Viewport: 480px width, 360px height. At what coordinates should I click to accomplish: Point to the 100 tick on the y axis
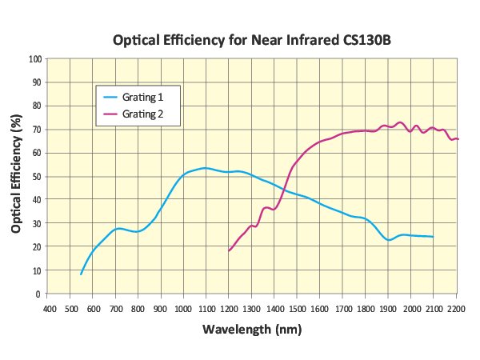36,58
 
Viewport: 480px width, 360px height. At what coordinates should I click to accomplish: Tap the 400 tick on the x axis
50,308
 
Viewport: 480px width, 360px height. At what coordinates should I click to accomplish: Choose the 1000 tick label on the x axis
184,308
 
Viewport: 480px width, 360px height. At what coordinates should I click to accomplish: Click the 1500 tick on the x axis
298,308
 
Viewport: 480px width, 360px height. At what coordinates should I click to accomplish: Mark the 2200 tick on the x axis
457,308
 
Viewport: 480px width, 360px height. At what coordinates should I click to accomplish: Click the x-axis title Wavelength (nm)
253,329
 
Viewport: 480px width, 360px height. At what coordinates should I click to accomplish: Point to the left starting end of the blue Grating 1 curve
82,274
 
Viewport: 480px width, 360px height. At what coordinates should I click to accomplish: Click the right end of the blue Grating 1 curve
434,237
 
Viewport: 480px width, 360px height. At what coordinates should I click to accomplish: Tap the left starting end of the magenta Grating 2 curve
229,251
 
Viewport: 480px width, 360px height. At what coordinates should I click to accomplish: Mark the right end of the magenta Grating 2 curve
458,139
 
